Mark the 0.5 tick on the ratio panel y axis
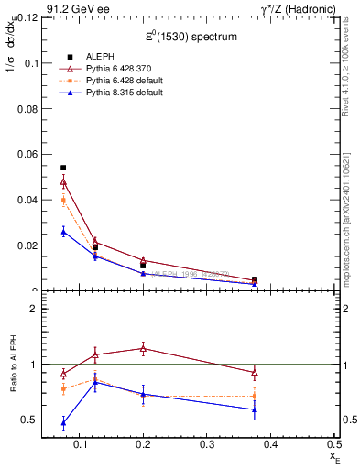coord(30,420)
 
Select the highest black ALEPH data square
coord(63,168)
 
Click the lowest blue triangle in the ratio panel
coord(63,423)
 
